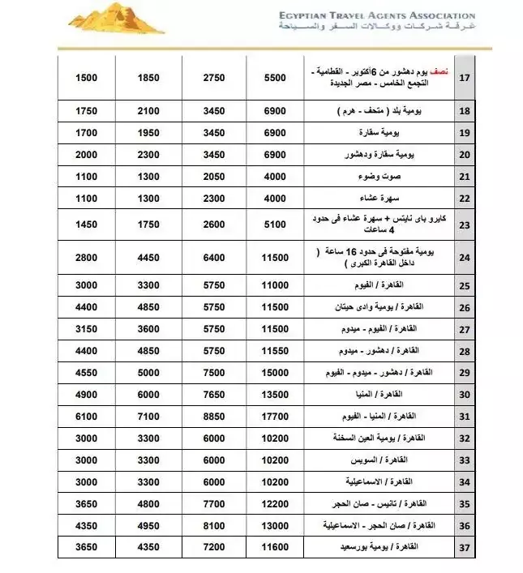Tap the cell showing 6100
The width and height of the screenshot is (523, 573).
pyautogui.click(x=87, y=416)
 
